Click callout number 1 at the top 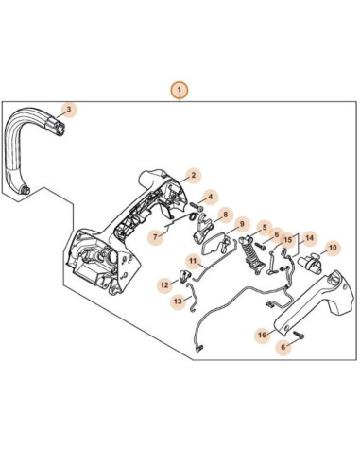coord(179,90)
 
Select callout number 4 coord(211,198)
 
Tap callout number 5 coord(266,227)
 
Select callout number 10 coord(332,248)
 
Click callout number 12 coord(163,284)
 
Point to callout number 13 coord(179,301)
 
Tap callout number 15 coord(288,240)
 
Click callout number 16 coord(262,335)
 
